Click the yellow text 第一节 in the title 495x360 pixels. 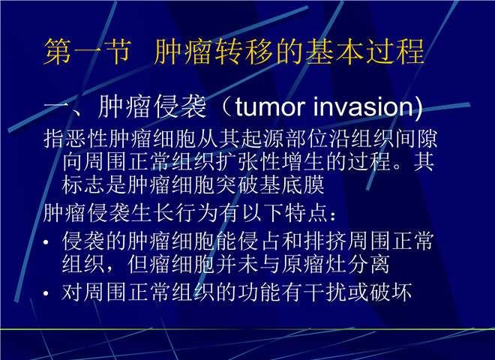click(87, 52)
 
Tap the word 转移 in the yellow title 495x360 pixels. click(244, 52)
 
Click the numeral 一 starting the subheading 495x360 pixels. click(56, 107)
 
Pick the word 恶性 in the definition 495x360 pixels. click(76, 139)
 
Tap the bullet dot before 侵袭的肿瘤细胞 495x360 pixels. click(46, 242)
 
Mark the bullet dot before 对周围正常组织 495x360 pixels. click(46, 293)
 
